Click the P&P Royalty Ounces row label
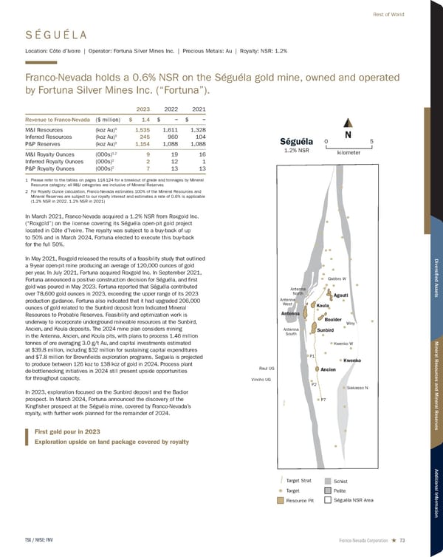54,168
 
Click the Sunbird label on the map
327,329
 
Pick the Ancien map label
329,369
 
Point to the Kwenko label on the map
351,360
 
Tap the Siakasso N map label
362,388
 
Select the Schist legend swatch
328,480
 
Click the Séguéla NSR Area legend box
328,501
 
